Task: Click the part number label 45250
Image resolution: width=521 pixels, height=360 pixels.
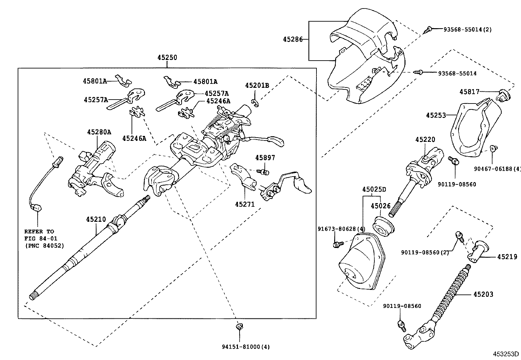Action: coord(167,58)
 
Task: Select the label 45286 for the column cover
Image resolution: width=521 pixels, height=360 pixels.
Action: coord(291,40)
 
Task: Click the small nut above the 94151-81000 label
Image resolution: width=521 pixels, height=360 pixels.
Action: coord(239,327)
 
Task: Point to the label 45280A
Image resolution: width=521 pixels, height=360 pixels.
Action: coord(99,132)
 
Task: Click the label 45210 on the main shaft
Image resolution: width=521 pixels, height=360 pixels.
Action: coord(96,219)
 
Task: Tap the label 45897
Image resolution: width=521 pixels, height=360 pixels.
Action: coord(265,158)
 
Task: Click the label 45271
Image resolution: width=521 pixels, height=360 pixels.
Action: coord(244,204)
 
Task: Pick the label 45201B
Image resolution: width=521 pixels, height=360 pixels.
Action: coord(257,85)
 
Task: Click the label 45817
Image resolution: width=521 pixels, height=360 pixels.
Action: coord(469,92)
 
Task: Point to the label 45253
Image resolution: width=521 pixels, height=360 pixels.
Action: coord(436,115)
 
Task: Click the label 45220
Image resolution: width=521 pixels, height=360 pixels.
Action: coord(425,140)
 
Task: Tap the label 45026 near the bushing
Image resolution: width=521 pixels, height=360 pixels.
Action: coord(381,206)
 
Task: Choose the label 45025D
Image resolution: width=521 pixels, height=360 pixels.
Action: coord(374,189)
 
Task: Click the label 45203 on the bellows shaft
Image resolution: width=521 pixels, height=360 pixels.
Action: coord(483,294)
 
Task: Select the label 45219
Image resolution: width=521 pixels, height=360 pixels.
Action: coord(507,257)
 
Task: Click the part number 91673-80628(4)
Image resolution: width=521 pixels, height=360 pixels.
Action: coord(341,229)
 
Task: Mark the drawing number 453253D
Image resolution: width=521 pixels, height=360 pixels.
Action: coord(506,354)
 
